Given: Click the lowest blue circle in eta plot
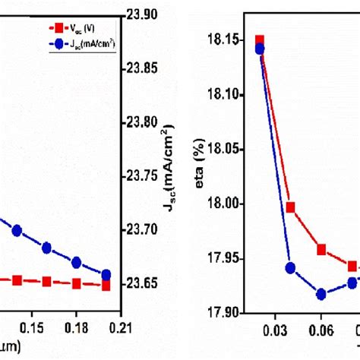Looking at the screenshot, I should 321,294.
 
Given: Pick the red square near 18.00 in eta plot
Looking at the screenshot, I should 290,207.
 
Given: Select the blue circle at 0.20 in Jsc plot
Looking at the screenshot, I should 106,275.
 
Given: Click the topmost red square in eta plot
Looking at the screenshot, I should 260,40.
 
